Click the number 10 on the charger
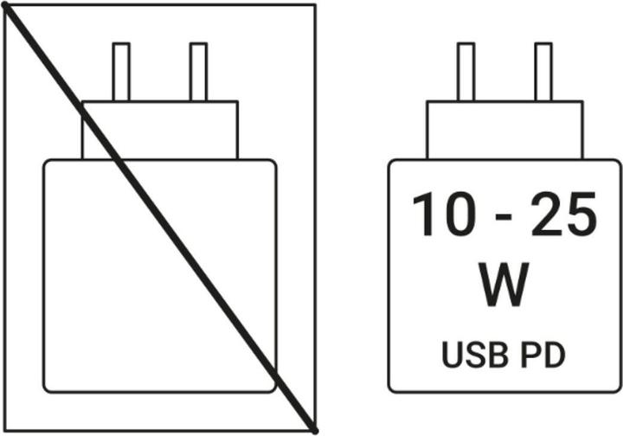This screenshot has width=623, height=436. click(443, 214)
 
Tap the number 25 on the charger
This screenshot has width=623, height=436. click(564, 214)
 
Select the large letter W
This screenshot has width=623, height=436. click(504, 285)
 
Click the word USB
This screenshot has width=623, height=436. click(475, 355)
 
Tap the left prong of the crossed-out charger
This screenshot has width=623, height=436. click(121, 72)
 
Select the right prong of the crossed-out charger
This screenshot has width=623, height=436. click(198, 72)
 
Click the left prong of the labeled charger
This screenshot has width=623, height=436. click(466, 72)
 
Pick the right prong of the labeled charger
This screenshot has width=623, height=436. click(543, 72)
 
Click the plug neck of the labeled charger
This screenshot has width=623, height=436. click(504, 131)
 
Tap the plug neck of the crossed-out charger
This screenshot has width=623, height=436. click(160, 131)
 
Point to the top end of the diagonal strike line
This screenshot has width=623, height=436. click(5, 5)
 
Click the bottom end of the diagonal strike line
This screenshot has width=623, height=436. click(315, 431)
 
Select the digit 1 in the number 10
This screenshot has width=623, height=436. click(423, 215)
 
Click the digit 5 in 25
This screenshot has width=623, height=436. click(581, 215)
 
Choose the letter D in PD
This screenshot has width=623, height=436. click(555, 355)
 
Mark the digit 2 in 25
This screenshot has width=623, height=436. click(547, 214)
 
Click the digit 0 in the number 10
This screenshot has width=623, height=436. click(459, 215)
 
